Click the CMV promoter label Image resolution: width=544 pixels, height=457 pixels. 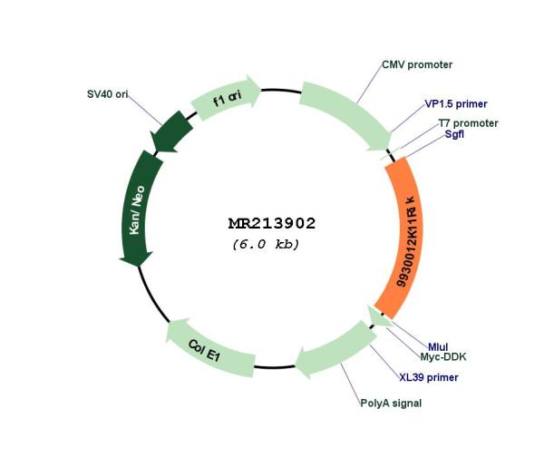click(x=417, y=65)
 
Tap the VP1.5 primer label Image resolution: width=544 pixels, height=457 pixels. click(x=456, y=103)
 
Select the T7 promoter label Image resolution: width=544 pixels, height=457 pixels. click(x=469, y=123)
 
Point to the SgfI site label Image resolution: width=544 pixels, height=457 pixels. click(x=454, y=134)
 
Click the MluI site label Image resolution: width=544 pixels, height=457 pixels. click(x=438, y=346)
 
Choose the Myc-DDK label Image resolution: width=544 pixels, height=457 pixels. click(x=443, y=356)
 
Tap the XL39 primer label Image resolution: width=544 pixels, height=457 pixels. click(x=429, y=377)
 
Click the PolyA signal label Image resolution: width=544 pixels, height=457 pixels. click(x=391, y=404)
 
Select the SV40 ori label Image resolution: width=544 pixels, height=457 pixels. click(x=108, y=94)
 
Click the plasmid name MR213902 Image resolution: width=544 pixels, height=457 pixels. click(x=272, y=223)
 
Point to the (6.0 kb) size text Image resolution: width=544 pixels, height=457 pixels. click(x=266, y=244)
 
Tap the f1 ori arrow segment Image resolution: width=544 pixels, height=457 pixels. click(x=226, y=98)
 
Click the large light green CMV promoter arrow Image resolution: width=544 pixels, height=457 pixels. click(x=347, y=114)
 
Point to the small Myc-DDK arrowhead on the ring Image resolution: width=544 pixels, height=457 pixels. click(x=378, y=316)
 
